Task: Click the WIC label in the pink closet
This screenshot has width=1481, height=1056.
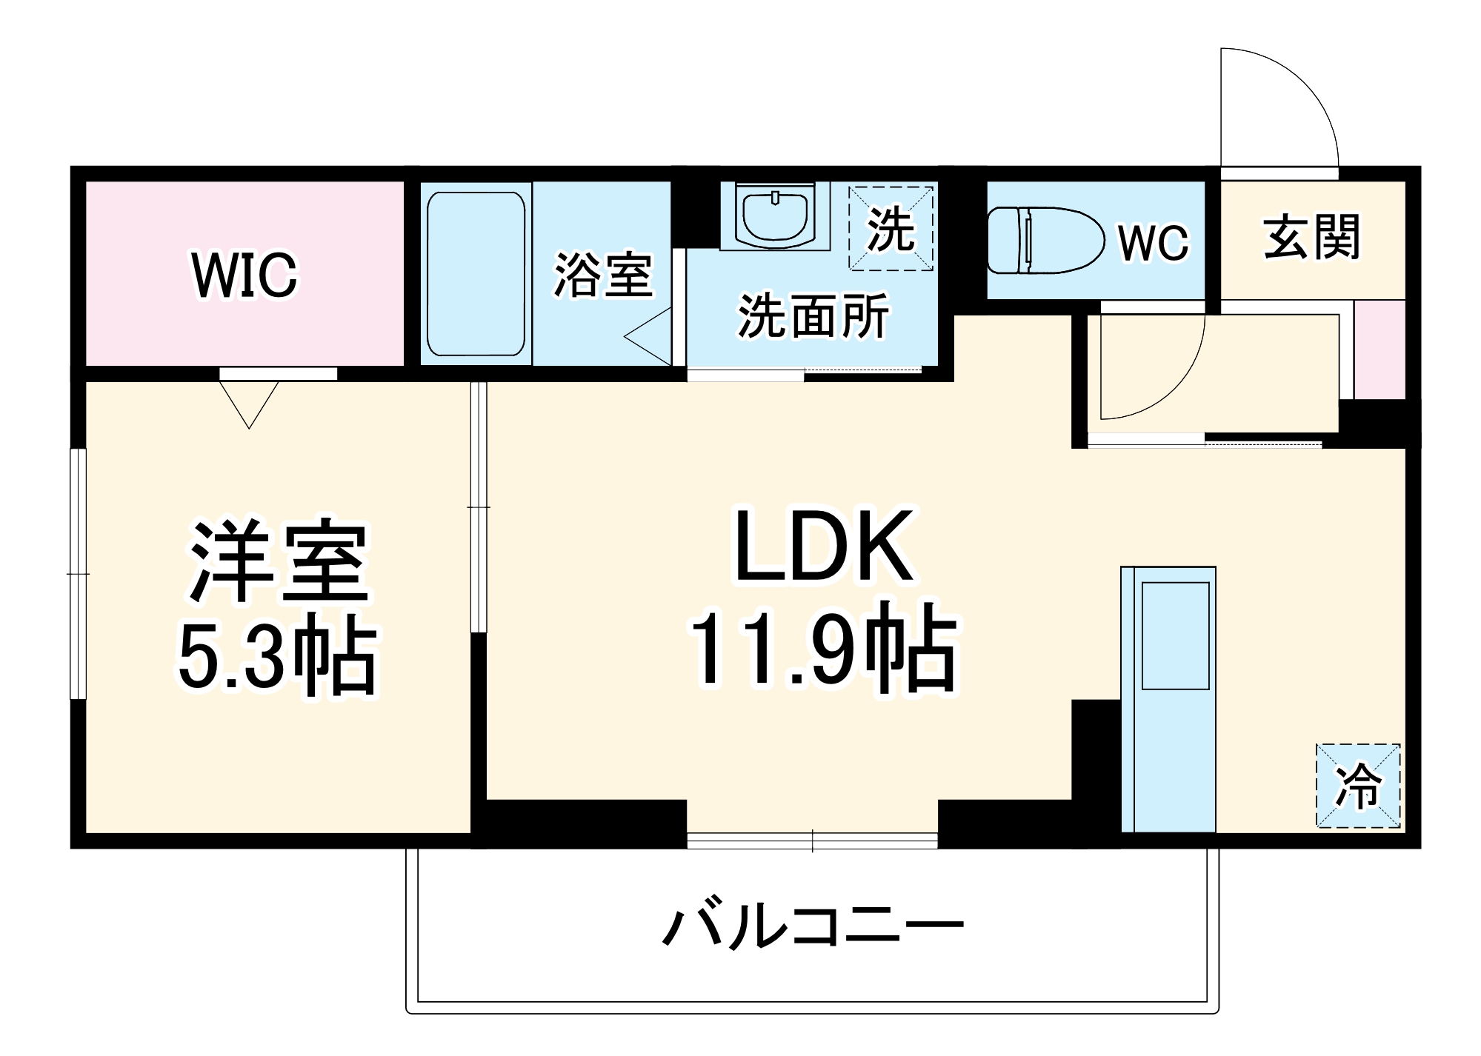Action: click(x=244, y=275)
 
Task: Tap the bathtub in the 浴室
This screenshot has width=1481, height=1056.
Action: click(x=476, y=274)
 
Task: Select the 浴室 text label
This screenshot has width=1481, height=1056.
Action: click(x=603, y=275)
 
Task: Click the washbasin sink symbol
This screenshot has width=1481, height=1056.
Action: click(x=775, y=217)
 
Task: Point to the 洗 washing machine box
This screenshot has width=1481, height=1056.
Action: click(x=891, y=228)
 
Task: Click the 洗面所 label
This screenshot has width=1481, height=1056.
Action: click(x=813, y=316)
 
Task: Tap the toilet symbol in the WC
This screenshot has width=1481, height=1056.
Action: click(x=1045, y=240)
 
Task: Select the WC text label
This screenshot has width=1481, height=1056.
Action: click(x=1153, y=241)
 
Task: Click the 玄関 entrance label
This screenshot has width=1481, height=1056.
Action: click(x=1311, y=237)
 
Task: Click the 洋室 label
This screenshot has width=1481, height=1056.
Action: click(x=279, y=561)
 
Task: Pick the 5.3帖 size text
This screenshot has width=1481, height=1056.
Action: click(x=279, y=655)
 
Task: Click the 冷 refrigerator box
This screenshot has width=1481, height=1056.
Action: click(x=1358, y=785)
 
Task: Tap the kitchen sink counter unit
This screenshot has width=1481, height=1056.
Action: click(x=1168, y=699)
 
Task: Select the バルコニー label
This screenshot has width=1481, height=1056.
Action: click(x=813, y=926)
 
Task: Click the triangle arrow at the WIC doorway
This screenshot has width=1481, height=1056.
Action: click(x=249, y=403)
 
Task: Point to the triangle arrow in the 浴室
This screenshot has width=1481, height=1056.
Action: click(x=650, y=337)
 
